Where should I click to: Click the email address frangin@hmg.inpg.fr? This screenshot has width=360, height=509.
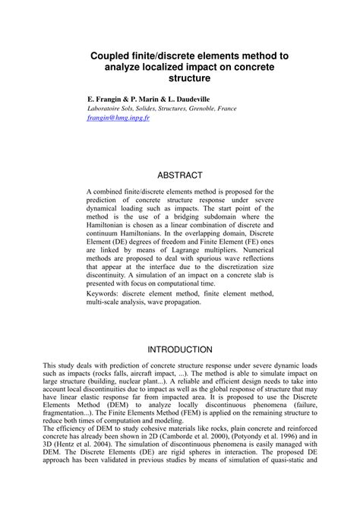click(x=118, y=119)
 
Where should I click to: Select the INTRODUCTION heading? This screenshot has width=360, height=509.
click(x=179, y=349)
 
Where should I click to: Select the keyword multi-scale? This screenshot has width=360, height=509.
click(x=103, y=301)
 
